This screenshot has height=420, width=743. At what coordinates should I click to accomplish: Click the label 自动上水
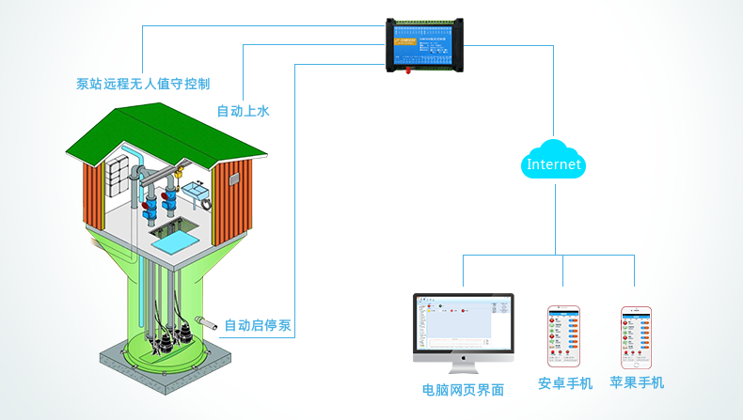pos(243,111)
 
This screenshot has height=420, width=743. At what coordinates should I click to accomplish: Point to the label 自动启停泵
pos(258,327)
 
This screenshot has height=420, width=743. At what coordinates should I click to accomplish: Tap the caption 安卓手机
pos(564,383)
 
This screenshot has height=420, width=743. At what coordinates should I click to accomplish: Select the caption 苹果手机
pos(637,382)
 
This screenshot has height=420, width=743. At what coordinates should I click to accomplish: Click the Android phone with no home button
pos(564,335)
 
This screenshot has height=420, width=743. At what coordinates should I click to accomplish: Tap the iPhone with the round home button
pos(636,336)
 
